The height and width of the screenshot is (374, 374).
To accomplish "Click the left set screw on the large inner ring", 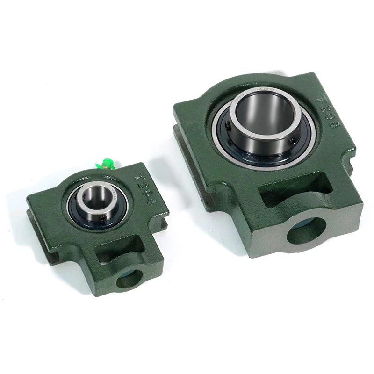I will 227,125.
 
